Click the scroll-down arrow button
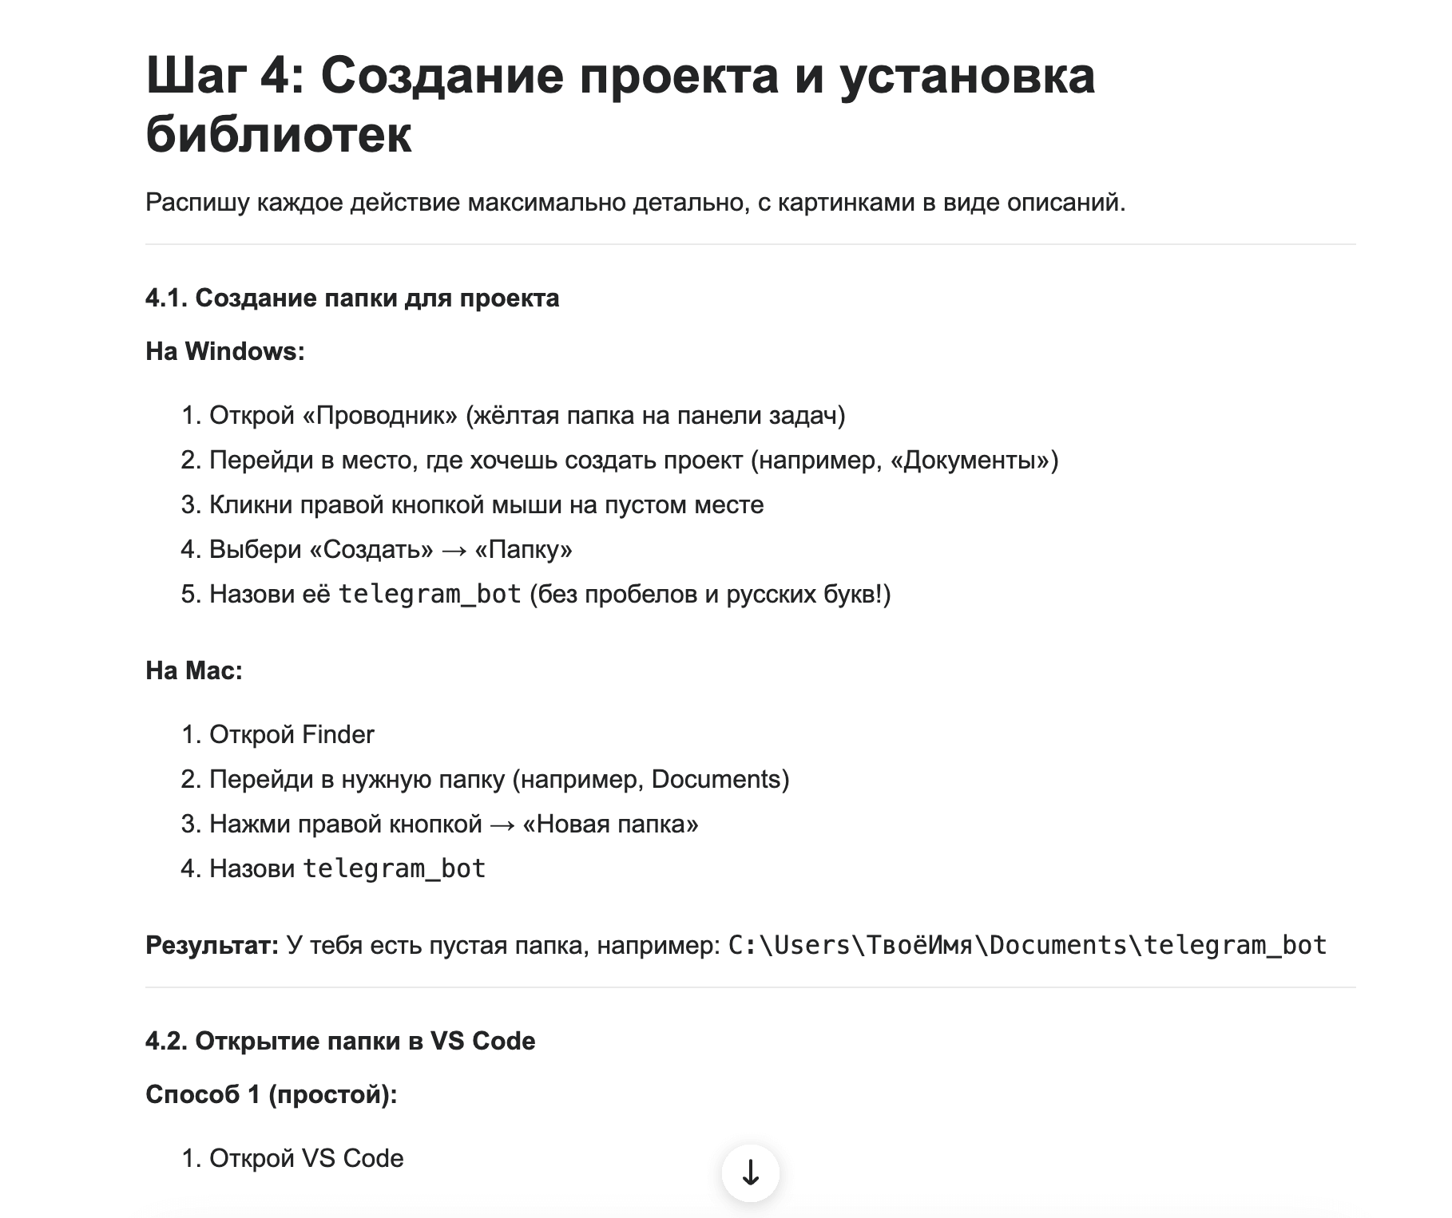[750, 1173]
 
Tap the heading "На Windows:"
[225, 351]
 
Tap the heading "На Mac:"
[194, 670]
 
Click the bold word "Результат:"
[212, 946]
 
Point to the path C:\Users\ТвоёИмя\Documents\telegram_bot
[1027, 946]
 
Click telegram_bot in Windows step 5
[430, 595]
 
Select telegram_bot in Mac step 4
[394, 869]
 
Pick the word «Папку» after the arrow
[523, 550]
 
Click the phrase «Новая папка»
[610, 825]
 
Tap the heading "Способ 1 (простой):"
[272, 1094]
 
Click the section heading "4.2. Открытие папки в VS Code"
[340, 1041]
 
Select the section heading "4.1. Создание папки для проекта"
[352, 298]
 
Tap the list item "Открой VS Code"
[306, 1159]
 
